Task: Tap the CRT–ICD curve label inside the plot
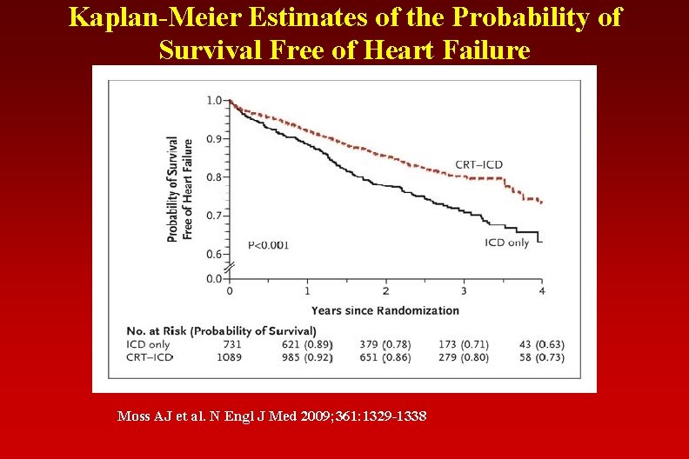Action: (x=478, y=165)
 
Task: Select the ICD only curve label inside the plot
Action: (x=506, y=243)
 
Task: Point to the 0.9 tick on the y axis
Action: (x=213, y=139)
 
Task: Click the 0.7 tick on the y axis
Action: (x=213, y=216)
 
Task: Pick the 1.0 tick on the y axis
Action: (x=213, y=101)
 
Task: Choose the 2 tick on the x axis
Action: (x=385, y=291)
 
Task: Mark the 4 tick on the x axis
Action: (x=541, y=291)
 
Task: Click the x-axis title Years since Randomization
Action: (x=385, y=310)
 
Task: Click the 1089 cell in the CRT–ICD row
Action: (x=229, y=357)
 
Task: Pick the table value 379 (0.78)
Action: (x=385, y=344)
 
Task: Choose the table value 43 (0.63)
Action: (x=538, y=344)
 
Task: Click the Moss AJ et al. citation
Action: (x=271, y=417)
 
